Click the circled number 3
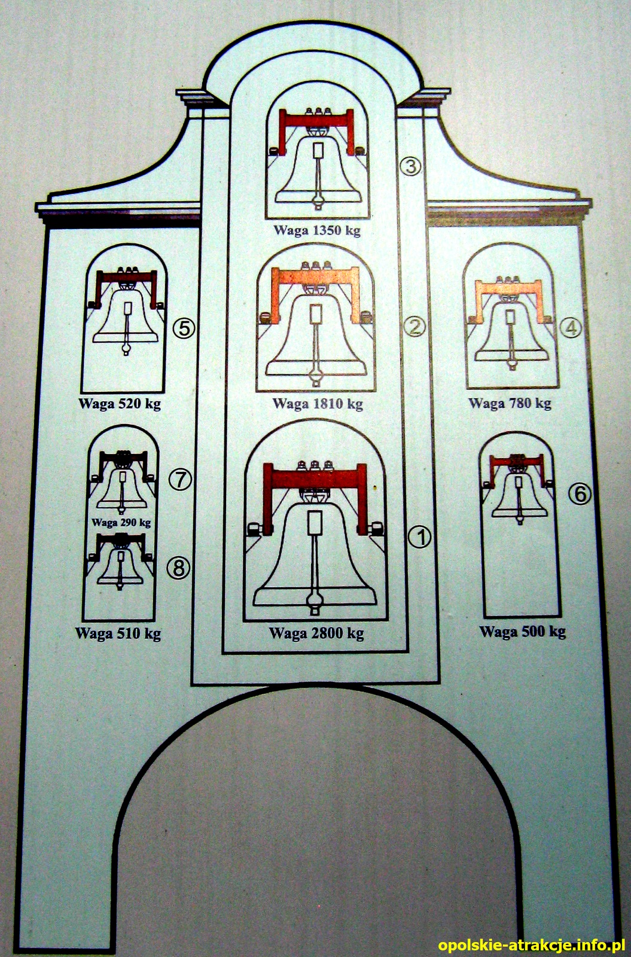pyautogui.click(x=410, y=166)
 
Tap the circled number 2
pyautogui.click(x=415, y=327)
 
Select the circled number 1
pyautogui.click(x=419, y=537)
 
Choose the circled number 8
pyautogui.click(x=178, y=568)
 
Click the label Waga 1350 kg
pyautogui.click(x=317, y=230)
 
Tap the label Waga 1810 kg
pyautogui.click(x=318, y=403)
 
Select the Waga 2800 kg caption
pyautogui.click(x=316, y=633)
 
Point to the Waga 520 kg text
pyautogui.click(x=120, y=404)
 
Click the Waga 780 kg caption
pyautogui.click(x=510, y=403)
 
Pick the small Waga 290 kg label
pyautogui.click(x=121, y=522)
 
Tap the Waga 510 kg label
pyautogui.click(x=118, y=633)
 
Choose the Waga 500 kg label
pyautogui.click(x=523, y=632)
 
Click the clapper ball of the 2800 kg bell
pyautogui.click(x=315, y=599)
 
